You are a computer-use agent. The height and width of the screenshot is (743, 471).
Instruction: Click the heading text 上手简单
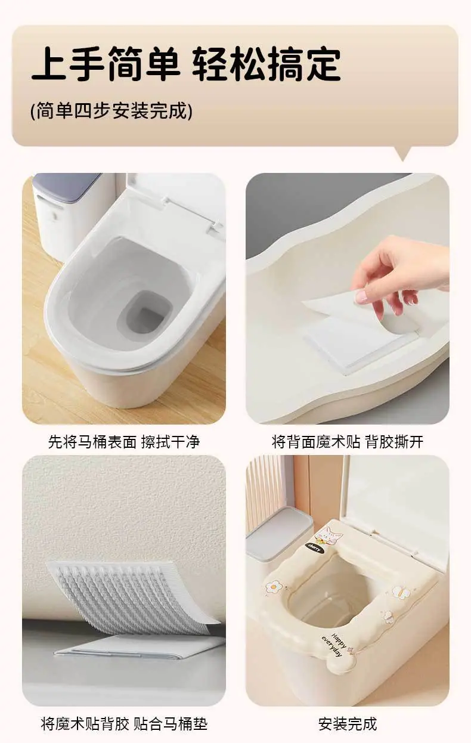106,64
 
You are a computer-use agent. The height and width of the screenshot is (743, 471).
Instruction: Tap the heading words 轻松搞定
267,64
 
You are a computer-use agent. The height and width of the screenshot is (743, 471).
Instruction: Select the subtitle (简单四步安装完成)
111,111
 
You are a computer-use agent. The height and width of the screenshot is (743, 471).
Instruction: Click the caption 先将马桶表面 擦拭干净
124,442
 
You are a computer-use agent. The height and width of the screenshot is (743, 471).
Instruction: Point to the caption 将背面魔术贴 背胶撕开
347,442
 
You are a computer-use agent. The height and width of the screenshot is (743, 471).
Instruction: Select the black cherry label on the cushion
314,547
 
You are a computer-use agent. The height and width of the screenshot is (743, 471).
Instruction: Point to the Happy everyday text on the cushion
334,645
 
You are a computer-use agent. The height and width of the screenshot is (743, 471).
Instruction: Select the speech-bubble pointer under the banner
404,153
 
